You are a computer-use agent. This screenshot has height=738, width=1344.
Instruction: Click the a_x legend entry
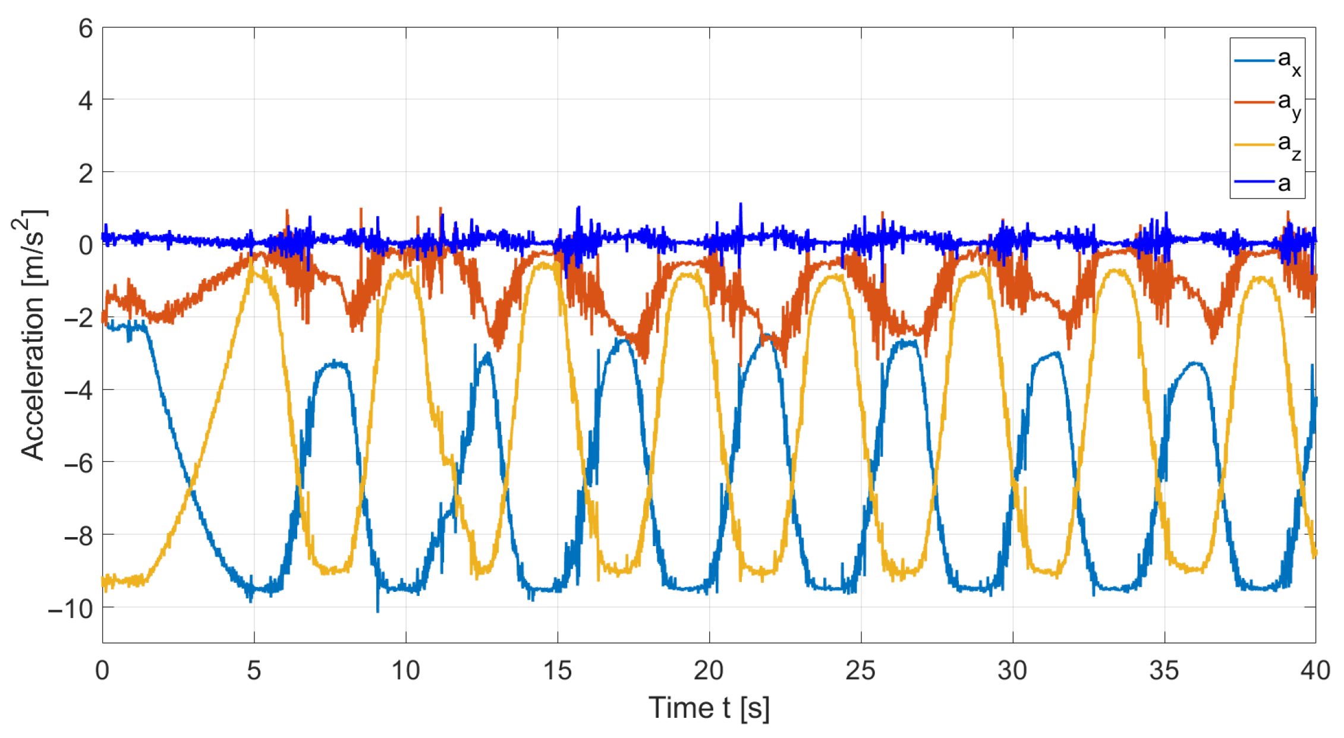pos(1269,61)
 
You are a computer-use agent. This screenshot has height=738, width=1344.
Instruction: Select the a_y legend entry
pos(1269,103)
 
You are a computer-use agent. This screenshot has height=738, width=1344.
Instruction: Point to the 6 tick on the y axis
pos(86,29)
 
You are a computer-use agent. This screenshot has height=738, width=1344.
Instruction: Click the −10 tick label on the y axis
pos(71,608)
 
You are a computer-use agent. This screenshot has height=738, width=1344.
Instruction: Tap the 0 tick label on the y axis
pos(86,245)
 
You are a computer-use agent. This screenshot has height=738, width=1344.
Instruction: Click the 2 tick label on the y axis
pos(86,174)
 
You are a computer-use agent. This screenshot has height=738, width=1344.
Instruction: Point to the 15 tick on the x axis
pos(557,671)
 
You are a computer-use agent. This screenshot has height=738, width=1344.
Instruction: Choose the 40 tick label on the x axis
pos(1315,671)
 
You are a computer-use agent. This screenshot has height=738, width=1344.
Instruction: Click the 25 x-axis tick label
pos(860,671)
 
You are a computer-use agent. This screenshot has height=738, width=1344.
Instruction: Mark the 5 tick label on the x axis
pos(254,671)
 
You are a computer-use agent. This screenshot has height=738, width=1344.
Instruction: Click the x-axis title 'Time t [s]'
pos(709,708)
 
